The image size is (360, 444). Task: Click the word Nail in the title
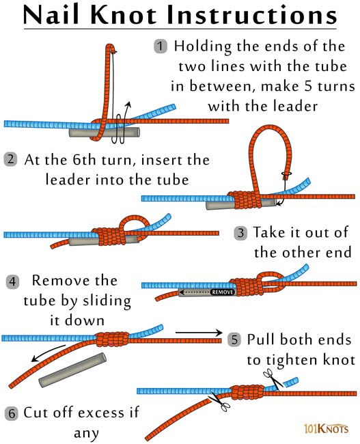pyautogui.click(x=56, y=16)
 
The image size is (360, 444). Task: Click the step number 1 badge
pyautogui.click(x=161, y=46)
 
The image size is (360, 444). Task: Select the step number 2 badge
pyautogui.click(x=10, y=160)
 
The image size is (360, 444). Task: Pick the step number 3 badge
pyautogui.click(x=240, y=233)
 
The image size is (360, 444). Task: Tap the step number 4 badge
pyautogui.click(x=13, y=281)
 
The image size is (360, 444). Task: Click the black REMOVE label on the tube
pyautogui.click(x=223, y=292)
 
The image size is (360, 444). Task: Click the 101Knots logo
pyautogui.click(x=327, y=428)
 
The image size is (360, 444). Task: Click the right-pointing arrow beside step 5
pyautogui.click(x=199, y=333)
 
